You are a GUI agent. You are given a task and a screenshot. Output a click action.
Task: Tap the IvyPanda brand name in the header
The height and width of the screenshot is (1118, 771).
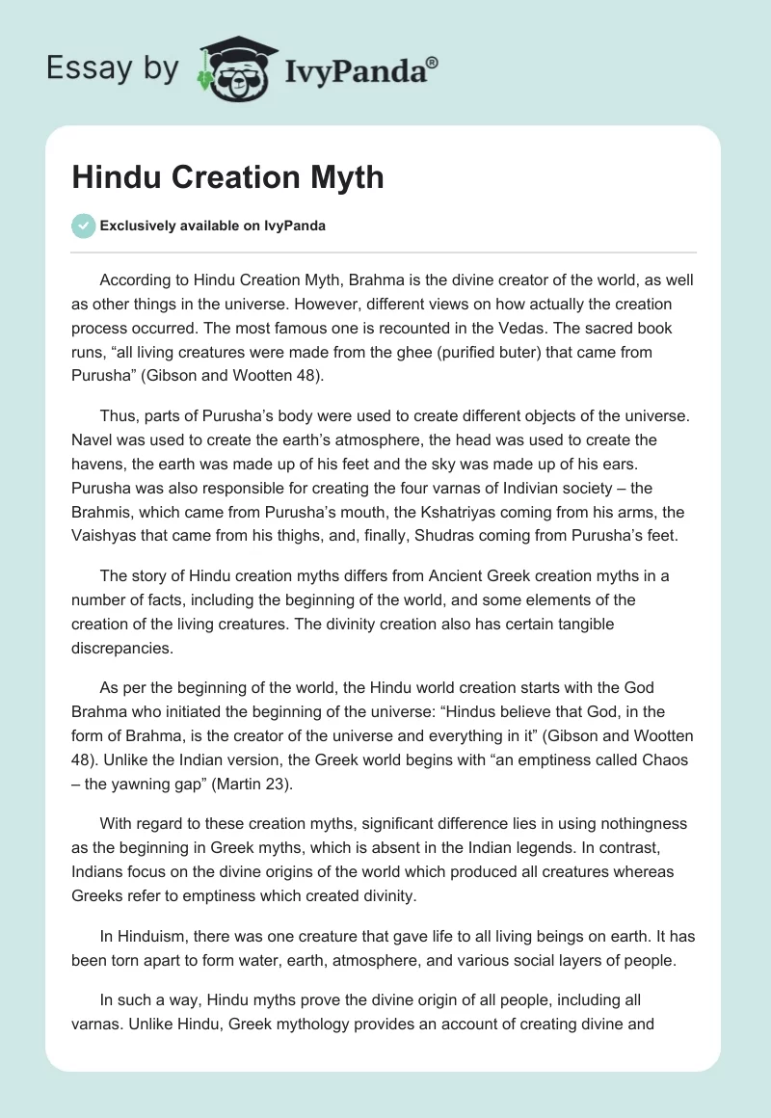360,68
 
